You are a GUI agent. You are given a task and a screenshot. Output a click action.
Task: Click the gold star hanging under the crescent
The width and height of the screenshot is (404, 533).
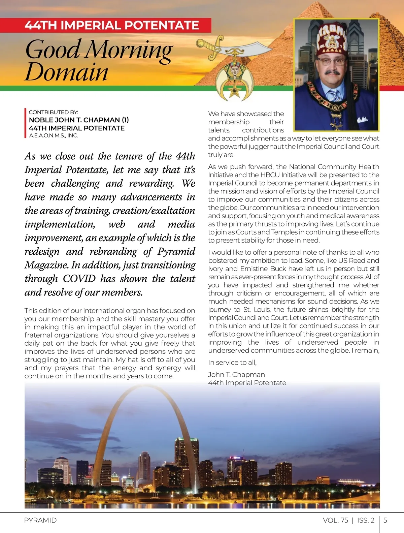point(233,92)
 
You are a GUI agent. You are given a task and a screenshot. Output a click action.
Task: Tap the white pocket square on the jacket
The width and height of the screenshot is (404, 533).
point(362,119)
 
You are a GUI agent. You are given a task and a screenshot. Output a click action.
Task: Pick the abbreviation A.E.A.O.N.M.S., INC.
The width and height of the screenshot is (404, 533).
point(54,135)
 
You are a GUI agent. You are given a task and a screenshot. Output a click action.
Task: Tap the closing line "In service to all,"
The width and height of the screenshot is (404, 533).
point(232,363)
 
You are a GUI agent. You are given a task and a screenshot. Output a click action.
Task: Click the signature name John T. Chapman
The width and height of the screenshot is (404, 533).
point(236,374)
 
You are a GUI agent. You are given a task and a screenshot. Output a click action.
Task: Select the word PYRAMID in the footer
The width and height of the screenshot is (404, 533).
point(40,520)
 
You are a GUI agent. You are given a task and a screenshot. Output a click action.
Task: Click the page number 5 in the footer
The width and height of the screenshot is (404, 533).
point(385,520)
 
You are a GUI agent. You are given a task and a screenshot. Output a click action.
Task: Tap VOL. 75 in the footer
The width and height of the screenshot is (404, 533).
point(335,520)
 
